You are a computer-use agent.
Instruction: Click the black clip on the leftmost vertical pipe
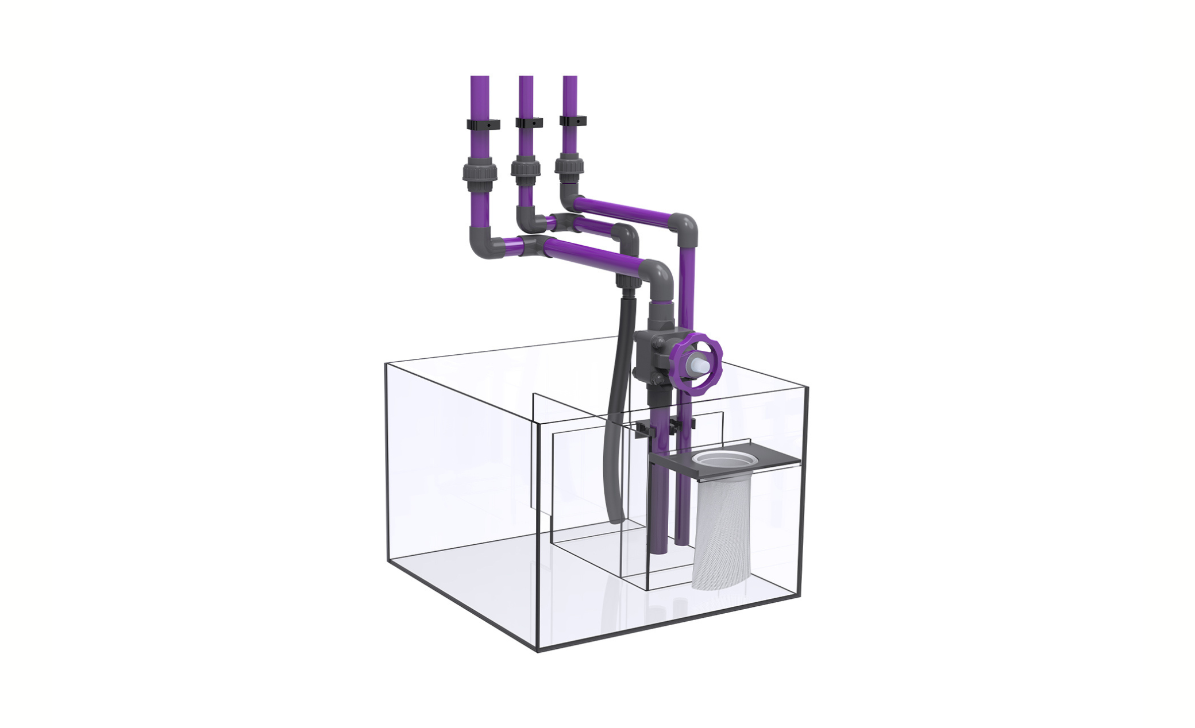(483, 124)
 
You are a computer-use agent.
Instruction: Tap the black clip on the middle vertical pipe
(529, 123)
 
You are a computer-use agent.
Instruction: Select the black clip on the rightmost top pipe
(573, 122)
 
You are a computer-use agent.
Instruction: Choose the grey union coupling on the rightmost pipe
(569, 166)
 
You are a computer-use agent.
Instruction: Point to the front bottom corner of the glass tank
(537, 652)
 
